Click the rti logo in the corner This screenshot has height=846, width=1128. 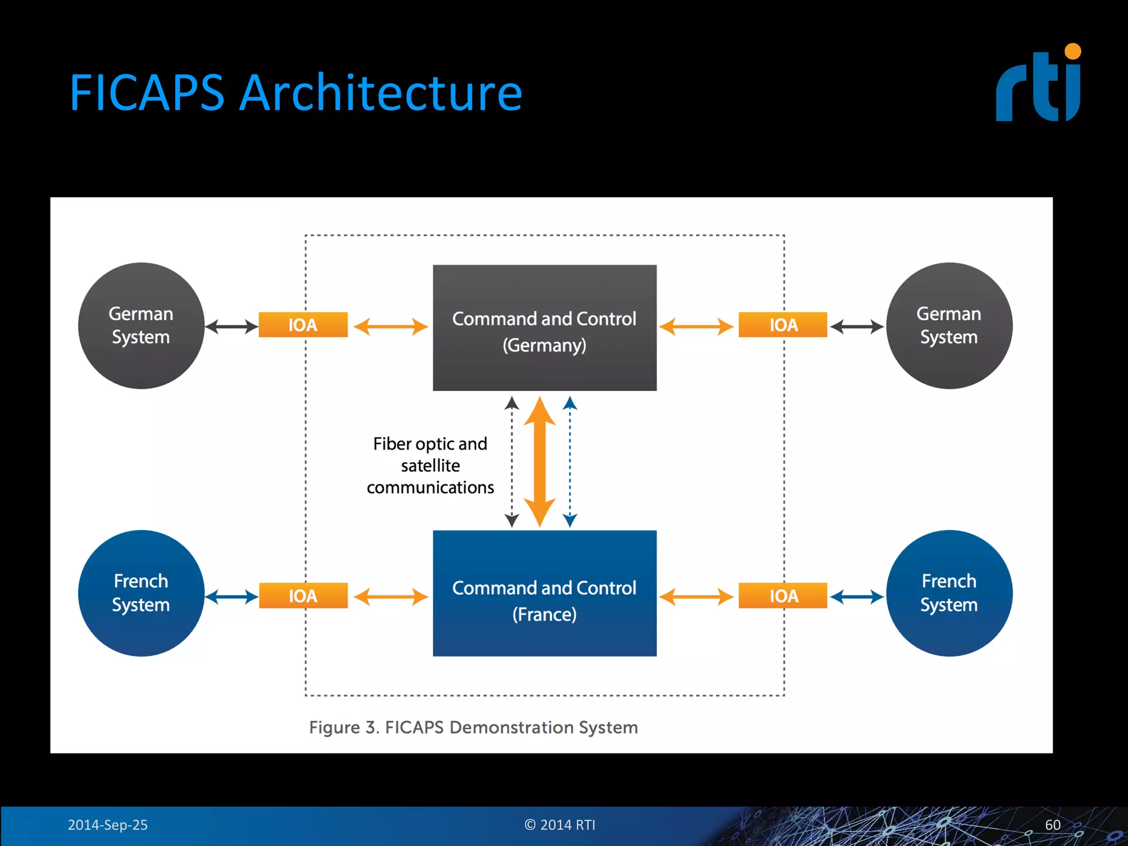point(1039,84)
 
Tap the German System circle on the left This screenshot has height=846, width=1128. point(141,326)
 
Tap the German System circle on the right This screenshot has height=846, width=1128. point(948,326)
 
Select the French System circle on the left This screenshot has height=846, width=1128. point(141,593)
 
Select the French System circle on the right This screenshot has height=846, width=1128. point(948,593)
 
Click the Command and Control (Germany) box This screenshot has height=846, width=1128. point(544,328)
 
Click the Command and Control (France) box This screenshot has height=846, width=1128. point(544,594)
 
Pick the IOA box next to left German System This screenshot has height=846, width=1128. point(303,325)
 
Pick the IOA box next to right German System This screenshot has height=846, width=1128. point(783,325)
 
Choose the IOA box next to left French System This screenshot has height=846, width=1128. point(303,595)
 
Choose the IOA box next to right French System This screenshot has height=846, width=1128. point(783,595)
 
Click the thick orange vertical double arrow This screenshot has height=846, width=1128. point(539,462)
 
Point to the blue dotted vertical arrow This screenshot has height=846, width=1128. point(570,462)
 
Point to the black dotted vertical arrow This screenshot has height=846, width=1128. point(512,462)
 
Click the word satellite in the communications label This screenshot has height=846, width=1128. point(430,466)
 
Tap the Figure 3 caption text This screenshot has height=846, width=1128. point(473,727)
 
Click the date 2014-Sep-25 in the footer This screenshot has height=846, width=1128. point(107,825)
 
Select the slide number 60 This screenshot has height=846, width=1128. point(1052,825)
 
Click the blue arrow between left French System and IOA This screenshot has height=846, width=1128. point(231,596)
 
